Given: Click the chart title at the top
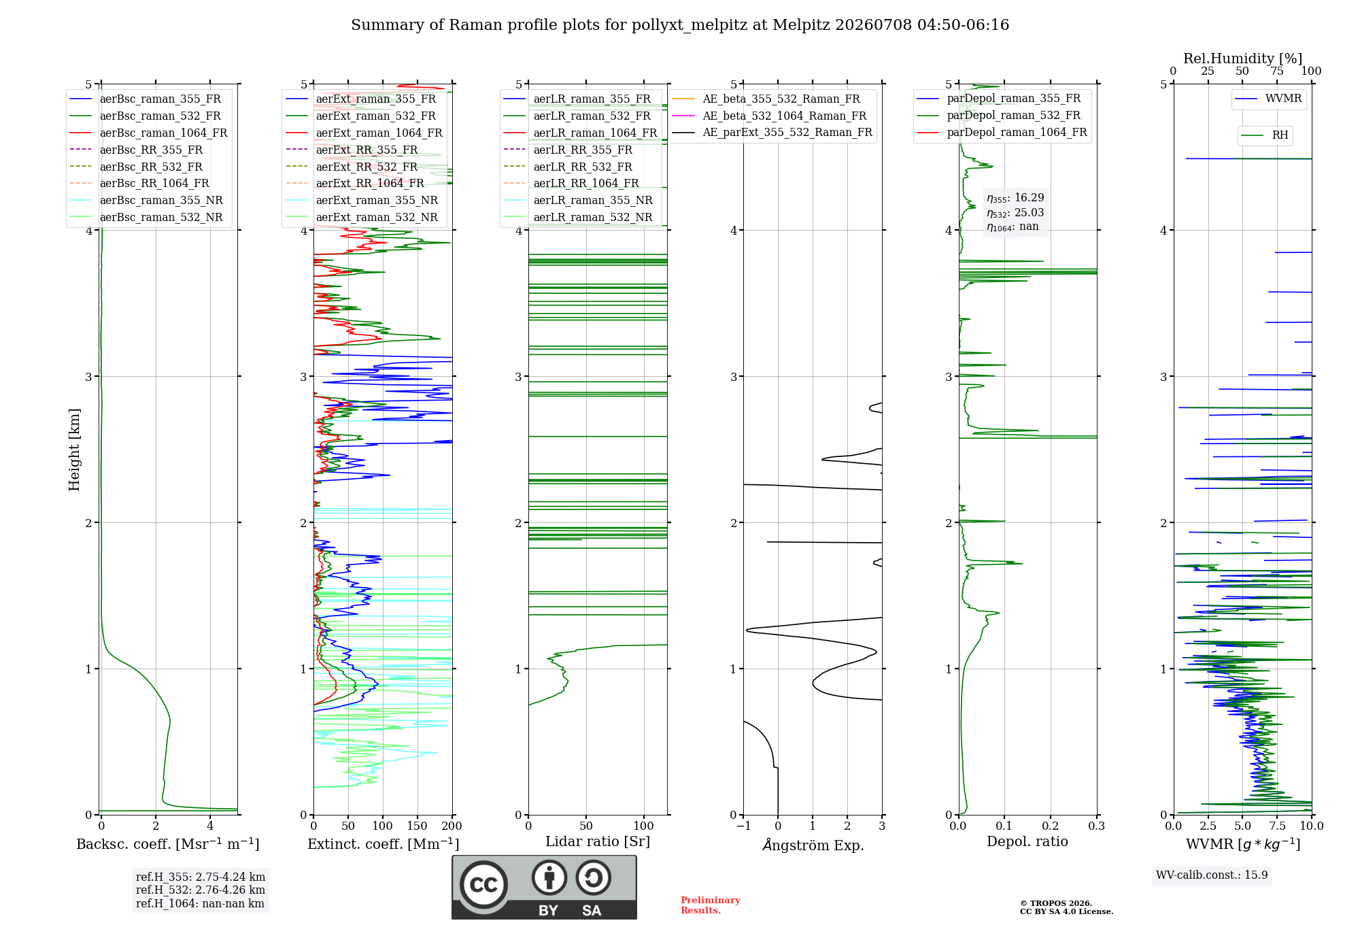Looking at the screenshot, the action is point(680,25).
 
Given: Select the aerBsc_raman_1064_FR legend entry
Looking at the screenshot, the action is point(148,133).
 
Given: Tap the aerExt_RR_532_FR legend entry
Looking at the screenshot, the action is point(352,167).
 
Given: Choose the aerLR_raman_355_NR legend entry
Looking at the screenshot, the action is point(578,200).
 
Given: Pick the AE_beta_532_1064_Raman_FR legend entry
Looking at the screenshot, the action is point(769,116).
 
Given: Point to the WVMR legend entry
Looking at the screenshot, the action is point(1269,99).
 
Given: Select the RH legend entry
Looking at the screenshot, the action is point(1265,135).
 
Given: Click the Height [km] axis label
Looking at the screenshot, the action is point(74,450).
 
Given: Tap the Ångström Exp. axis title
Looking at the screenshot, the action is point(813,845).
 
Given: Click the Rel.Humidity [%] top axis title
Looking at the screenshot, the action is point(1243,58).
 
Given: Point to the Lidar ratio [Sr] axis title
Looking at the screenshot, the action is point(598,841).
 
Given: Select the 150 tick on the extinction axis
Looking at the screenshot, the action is point(418,826).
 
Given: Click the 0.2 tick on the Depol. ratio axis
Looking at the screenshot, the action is point(1051,826).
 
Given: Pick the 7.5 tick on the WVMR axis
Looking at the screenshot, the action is point(1277,826).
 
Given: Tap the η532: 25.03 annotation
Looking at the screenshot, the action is point(1015,213).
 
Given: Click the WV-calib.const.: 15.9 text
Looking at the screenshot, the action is point(1212,875).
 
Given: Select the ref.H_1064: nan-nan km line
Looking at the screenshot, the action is point(200,903).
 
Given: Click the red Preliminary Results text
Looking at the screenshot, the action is point(711,905).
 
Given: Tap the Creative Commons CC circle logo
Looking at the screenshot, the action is point(483,884).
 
